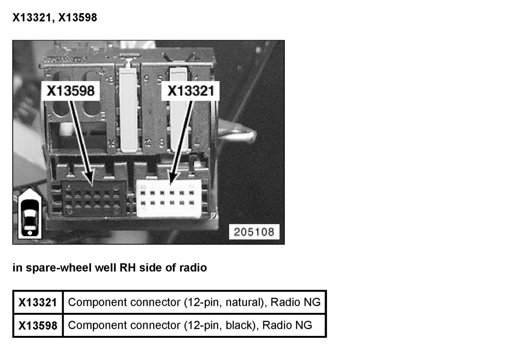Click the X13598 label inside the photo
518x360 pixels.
coord(71,91)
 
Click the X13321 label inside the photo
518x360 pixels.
coord(190,91)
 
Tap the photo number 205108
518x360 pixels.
coord(254,232)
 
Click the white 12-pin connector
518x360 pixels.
coord(169,198)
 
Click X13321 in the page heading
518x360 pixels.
coord(31,18)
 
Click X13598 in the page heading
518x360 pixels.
coord(77,18)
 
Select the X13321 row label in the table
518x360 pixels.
coord(38,303)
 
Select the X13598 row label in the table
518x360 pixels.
coord(38,325)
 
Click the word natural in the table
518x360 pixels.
coord(244,302)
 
